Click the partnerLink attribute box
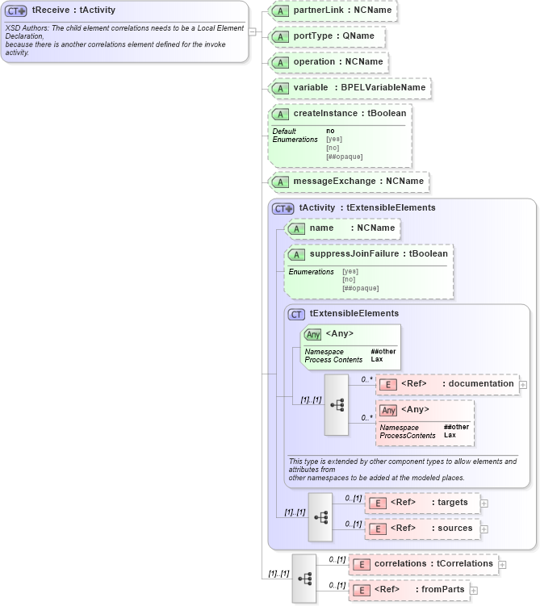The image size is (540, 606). pos(333,10)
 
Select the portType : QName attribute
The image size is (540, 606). pos(327,36)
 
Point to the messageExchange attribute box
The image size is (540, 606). pos(349,182)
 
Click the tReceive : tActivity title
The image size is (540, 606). pos(73,10)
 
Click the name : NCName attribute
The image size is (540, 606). pos(343,228)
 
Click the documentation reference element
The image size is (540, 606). pos(448,384)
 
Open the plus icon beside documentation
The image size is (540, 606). pos(523,385)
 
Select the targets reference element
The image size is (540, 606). pos(422,503)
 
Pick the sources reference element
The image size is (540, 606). pos(422,529)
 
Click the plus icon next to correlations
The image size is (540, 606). pos(502,564)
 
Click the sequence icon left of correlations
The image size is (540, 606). pos(304,577)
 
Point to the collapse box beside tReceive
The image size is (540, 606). pos(253,32)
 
